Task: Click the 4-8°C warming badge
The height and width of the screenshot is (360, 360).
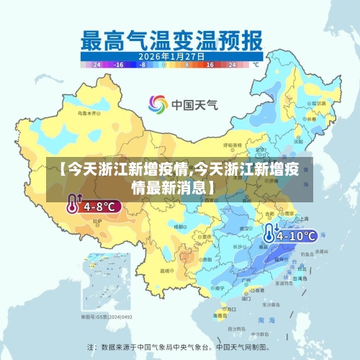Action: coord(94,206)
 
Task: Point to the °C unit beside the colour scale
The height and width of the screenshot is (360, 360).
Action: coord(255,64)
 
